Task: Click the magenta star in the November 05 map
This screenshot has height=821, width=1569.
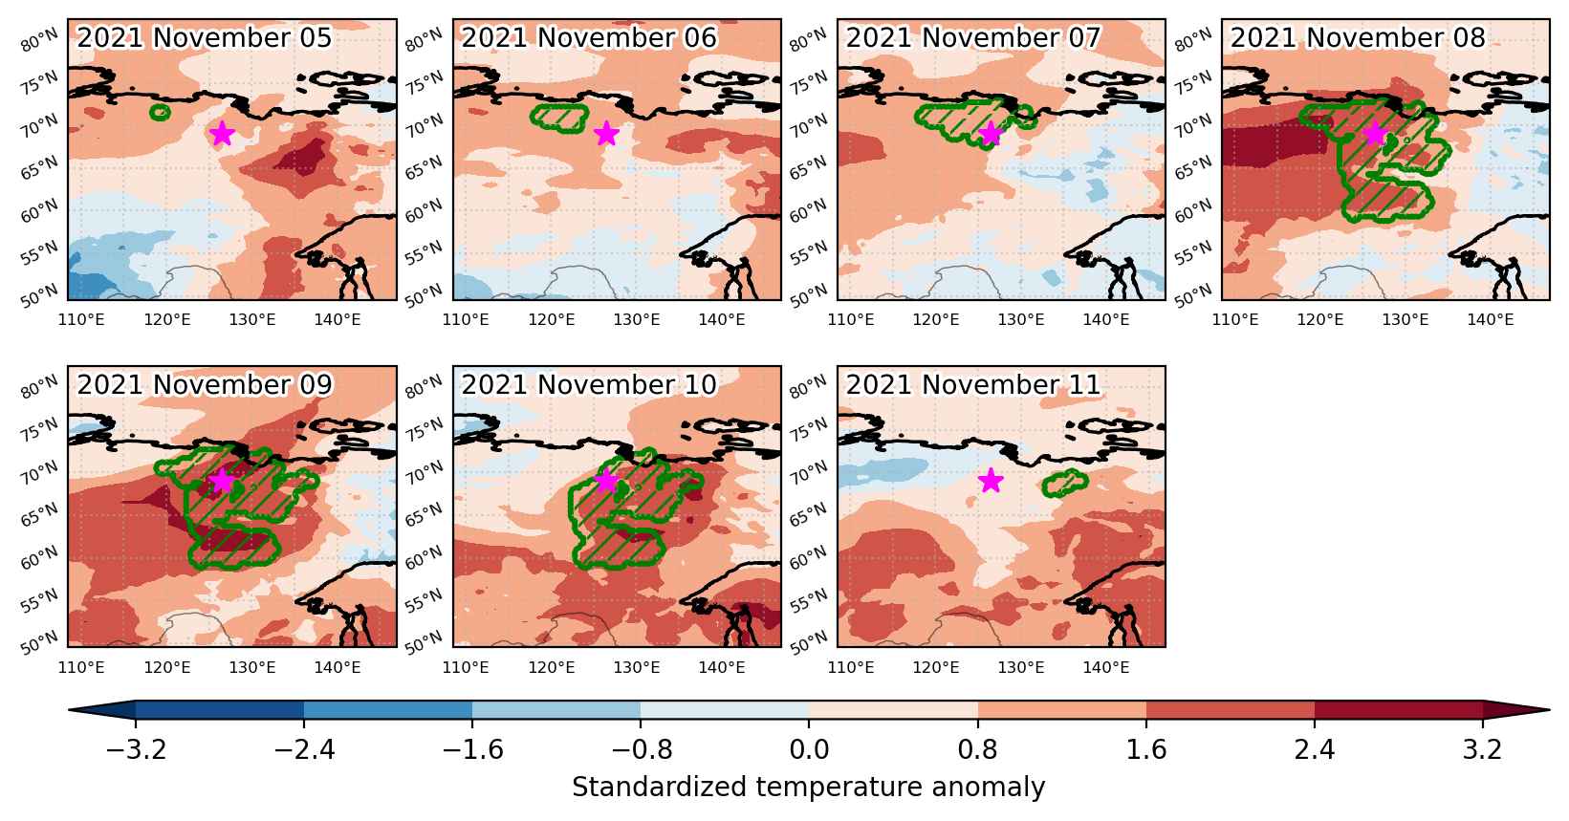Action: point(222,133)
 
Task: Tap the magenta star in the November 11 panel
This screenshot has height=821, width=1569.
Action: point(991,481)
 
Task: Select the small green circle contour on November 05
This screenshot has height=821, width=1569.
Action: point(161,112)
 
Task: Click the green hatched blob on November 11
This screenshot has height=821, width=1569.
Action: point(1065,483)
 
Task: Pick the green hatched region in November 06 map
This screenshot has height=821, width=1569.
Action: point(559,119)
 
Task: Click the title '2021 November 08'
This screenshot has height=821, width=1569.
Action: point(1358,38)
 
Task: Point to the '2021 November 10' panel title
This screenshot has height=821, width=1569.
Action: point(589,384)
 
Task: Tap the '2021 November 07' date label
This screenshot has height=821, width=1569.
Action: point(973,38)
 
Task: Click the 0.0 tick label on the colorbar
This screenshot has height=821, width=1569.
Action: point(809,749)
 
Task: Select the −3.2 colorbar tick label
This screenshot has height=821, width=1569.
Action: point(136,749)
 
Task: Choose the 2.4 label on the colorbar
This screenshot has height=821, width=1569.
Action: point(1314,749)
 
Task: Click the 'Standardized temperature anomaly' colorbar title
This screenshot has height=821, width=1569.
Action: point(808,788)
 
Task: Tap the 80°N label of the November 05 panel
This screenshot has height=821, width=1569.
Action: point(39,40)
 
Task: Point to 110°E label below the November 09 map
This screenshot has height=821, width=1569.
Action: point(81,667)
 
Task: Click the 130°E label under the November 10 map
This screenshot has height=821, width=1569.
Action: point(636,667)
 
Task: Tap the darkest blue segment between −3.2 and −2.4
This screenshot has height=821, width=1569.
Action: point(219,710)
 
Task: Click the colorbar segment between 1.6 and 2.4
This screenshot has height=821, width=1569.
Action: point(1230,710)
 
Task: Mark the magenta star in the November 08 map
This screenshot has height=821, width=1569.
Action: point(1375,133)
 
